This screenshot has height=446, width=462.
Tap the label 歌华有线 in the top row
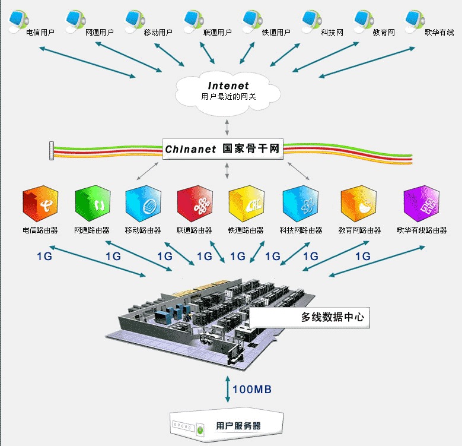click(439, 33)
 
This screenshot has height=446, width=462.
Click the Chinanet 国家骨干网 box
click(223, 149)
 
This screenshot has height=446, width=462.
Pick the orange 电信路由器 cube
click(40, 204)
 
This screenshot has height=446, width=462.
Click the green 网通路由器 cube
click(93, 204)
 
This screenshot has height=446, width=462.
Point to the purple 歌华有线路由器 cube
click(421, 204)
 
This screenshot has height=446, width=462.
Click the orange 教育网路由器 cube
click(358, 204)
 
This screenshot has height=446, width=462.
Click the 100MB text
click(252, 390)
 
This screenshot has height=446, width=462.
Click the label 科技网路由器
click(301, 230)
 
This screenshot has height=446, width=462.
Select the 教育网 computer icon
click(365, 20)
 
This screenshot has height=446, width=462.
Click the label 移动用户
click(158, 33)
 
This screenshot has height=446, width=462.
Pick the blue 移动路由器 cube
click(143, 204)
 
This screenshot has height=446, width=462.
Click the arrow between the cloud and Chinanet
click(227, 126)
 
